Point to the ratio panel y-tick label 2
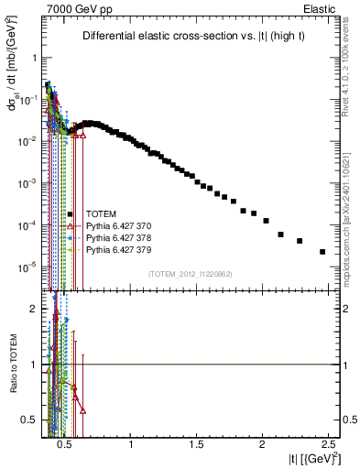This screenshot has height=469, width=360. pos(32,310)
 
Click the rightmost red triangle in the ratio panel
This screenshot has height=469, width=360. pos(83,411)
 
